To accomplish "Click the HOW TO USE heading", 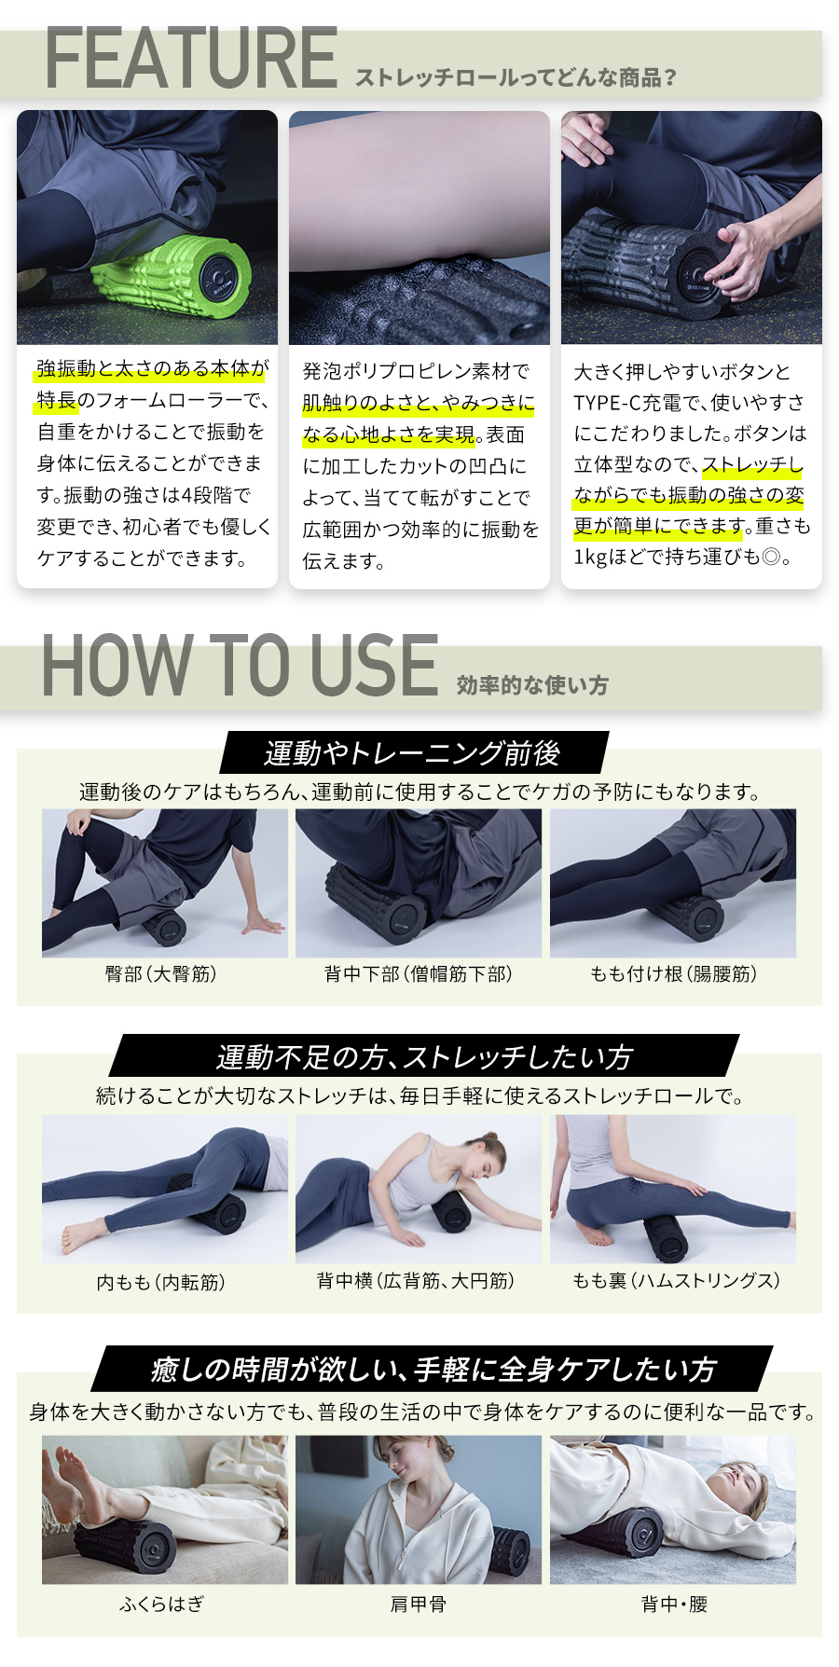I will [x=240, y=666].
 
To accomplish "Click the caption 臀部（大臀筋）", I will [x=161, y=974].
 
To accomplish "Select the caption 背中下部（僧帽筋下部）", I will [x=419, y=974].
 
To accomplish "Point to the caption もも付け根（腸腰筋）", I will [x=674, y=974].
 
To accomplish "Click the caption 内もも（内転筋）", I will [x=161, y=1282].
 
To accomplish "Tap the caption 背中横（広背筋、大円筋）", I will [x=416, y=1281].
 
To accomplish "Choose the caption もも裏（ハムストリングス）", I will [x=676, y=1281].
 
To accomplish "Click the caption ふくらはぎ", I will [x=161, y=1604].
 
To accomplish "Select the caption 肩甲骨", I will [x=419, y=1604].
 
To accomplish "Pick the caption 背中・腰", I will [x=674, y=1604].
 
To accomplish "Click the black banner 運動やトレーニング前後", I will [x=412, y=753].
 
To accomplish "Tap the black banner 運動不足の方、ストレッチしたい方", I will [x=424, y=1057].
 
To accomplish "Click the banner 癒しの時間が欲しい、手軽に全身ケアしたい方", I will [x=433, y=1369].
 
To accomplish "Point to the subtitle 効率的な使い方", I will [x=532, y=686].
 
